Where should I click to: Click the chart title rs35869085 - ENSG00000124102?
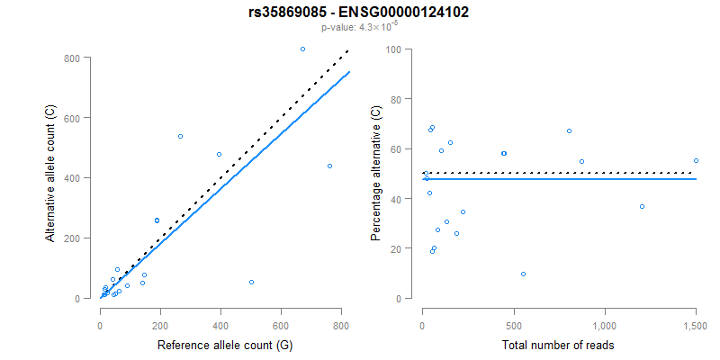point(359,13)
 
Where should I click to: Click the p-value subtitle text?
point(359,27)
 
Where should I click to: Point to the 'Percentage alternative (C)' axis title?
point(375,173)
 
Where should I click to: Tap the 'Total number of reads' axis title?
point(558,345)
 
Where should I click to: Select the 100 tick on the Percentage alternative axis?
point(392,49)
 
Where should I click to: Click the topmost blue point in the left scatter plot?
point(302,49)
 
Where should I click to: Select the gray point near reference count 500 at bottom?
point(251,282)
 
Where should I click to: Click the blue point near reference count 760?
point(329,166)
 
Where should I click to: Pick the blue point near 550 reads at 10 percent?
point(523,274)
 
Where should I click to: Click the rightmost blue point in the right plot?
point(696,160)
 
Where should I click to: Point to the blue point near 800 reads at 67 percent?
point(569,130)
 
